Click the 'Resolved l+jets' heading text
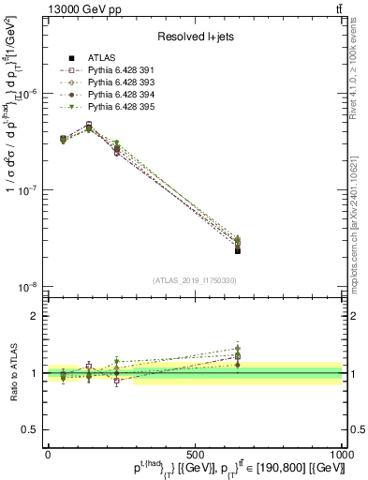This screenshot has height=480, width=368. (x=195, y=37)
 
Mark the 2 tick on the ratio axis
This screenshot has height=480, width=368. (x=35, y=316)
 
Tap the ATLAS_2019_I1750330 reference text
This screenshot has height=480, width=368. (x=195, y=280)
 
